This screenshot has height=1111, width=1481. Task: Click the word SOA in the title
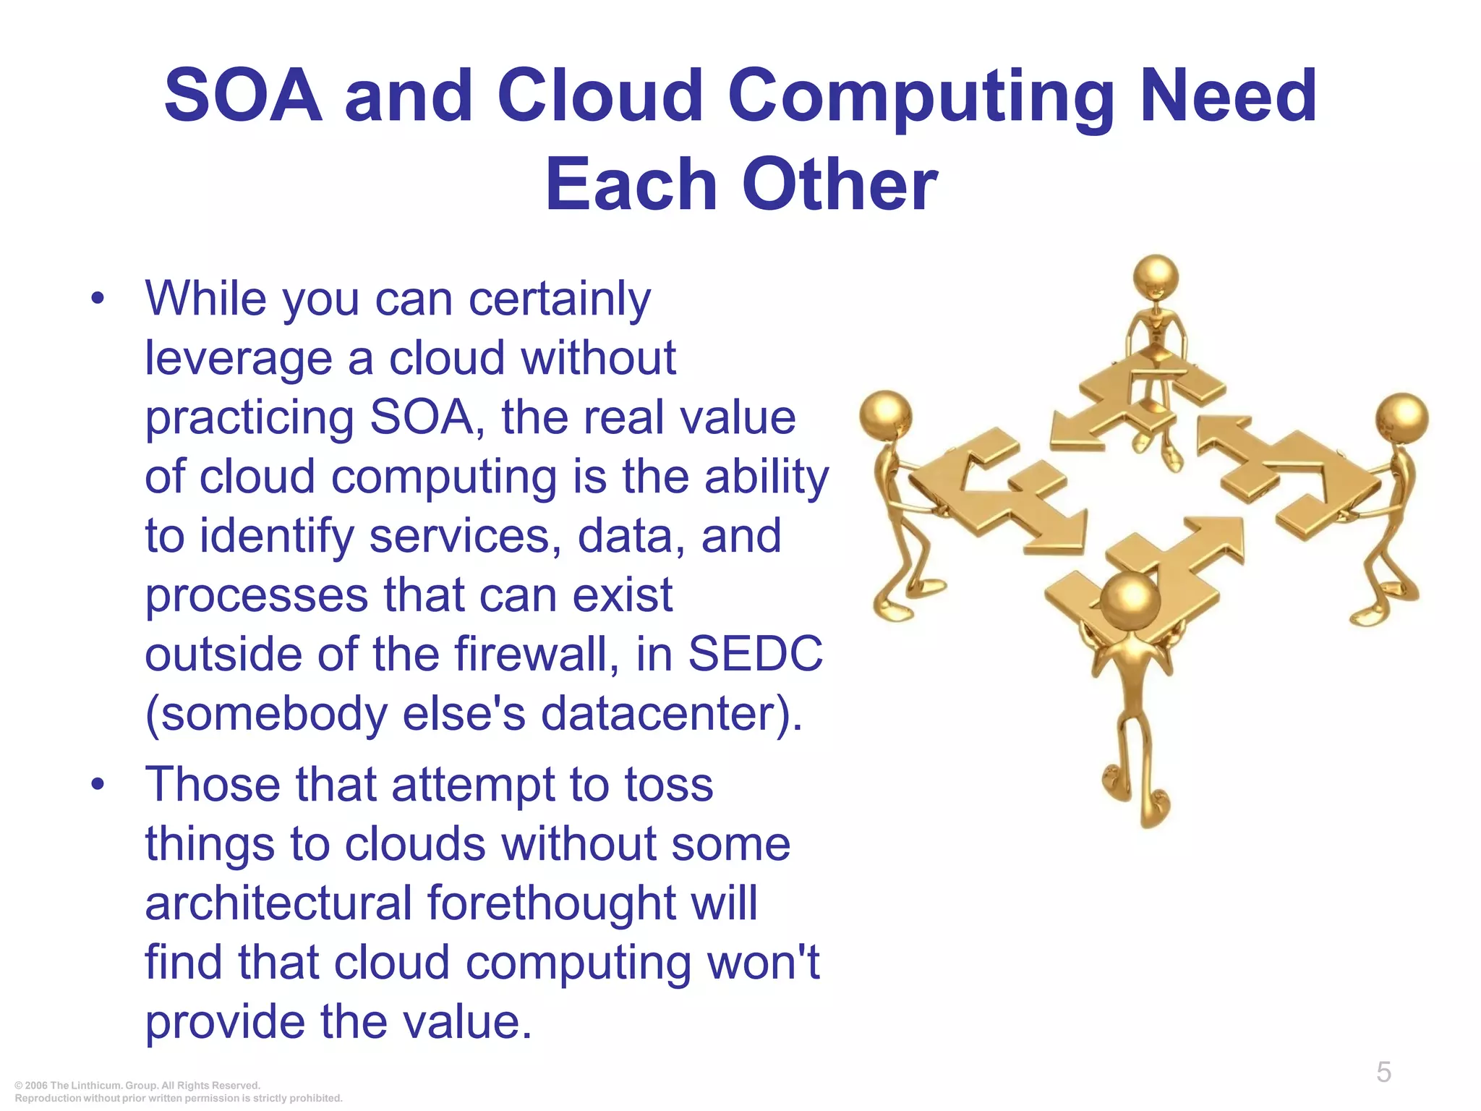point(243,95)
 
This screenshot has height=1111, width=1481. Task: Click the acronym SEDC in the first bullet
point(755,654)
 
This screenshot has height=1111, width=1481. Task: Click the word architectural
point(278,903)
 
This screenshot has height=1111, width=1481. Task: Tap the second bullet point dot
point(98,784)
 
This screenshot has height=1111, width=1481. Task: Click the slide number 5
point(1383,1072)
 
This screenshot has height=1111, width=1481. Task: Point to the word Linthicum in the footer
point(98,1085)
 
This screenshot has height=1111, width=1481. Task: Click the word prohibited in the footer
point(316,1098)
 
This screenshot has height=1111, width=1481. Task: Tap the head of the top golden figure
point(1156,277)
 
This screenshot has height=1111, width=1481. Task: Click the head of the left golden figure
point(885,417)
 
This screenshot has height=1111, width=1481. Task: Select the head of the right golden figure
point(1401,419)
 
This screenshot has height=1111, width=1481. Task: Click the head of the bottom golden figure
point(1130,600)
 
